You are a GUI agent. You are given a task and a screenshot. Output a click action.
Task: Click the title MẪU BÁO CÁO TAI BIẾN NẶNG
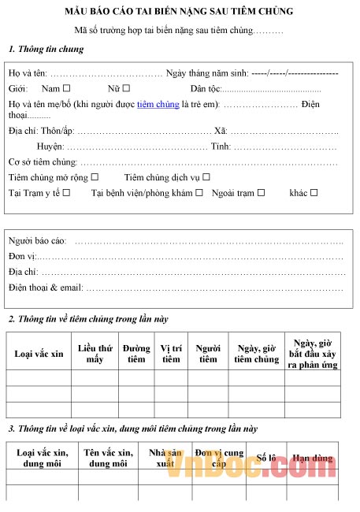(179, 12)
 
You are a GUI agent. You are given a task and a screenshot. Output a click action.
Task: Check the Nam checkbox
(66, 88)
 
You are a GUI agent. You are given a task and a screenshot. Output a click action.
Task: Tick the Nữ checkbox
(127, 88)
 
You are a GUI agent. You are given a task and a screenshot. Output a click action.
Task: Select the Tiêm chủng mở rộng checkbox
(95, 177)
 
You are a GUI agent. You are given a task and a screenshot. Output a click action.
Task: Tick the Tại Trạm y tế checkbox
(66, 192)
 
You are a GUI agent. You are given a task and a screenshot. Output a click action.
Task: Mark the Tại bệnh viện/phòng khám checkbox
(199, 192)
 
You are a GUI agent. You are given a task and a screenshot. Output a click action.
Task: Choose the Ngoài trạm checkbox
(261, 192)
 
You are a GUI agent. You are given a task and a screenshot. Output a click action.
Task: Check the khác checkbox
(314, 192)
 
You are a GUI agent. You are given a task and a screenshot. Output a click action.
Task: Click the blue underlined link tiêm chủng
(158, 103)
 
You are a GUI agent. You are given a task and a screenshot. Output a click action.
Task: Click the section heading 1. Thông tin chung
(46, 49)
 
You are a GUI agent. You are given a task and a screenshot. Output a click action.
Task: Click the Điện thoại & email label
(46, 287)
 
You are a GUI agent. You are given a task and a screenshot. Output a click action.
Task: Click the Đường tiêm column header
(136, 354)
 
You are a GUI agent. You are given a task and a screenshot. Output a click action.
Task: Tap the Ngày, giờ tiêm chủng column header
(256, 354)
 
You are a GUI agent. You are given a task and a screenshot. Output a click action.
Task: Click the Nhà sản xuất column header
(165, 458)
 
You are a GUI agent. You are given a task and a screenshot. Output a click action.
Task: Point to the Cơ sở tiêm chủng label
(38, 162)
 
